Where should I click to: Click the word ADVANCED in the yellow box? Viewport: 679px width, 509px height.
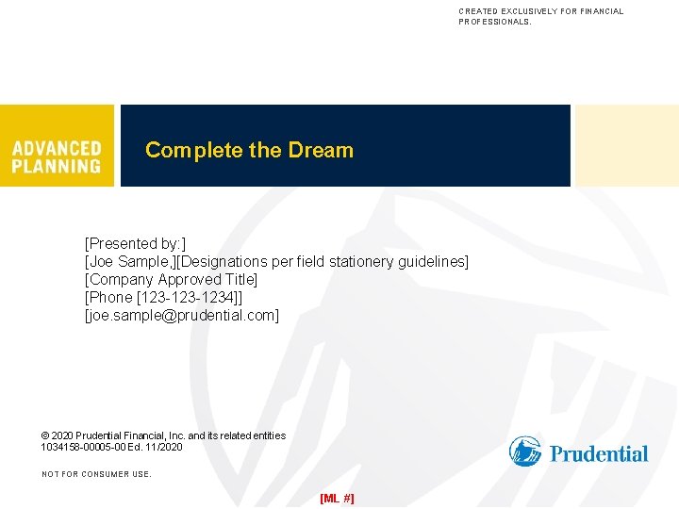pos(57,148)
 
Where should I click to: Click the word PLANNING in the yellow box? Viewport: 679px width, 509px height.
pos(57,166)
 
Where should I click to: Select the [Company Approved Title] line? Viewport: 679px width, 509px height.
pos(172,279)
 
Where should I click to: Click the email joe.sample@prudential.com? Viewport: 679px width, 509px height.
pos(182,315)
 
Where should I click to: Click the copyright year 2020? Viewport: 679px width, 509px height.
pos(64,435)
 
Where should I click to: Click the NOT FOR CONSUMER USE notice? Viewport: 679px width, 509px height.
pos(96,474)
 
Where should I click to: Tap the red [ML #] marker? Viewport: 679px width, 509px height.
pos(338,497)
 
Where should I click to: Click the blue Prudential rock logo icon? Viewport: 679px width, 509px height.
pos(525,452)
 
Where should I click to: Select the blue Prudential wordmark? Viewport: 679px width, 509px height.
pos(599,454)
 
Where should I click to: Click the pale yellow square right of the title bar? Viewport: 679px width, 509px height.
pos(627,145)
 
